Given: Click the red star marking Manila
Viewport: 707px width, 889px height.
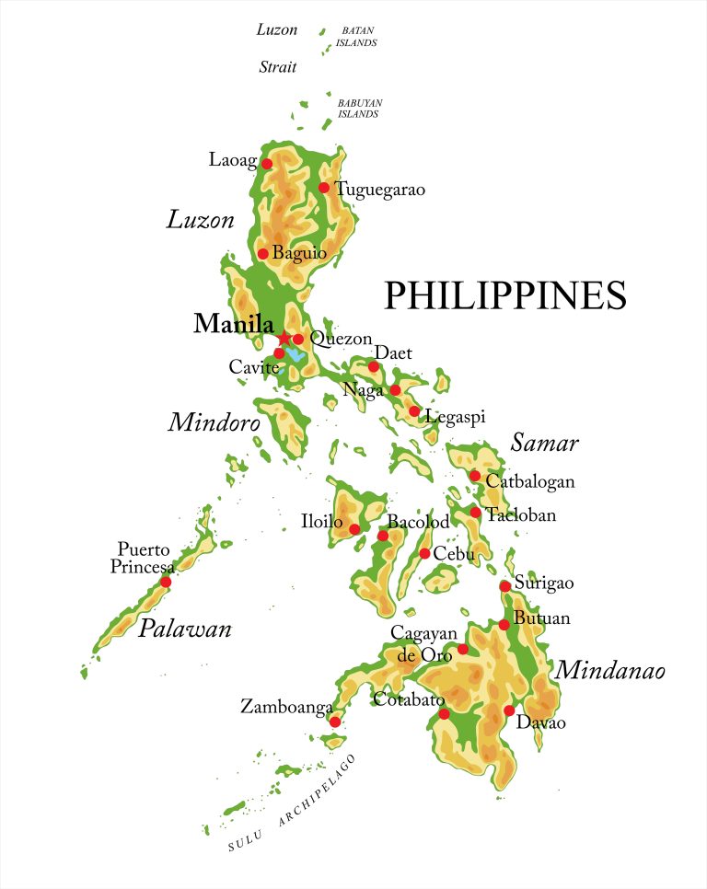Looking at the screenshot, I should point(284,339).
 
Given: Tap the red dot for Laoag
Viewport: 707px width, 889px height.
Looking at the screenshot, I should point(267,164).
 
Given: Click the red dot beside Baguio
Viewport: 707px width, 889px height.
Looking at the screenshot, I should point(262,254).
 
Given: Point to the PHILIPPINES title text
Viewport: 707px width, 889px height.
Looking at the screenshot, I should point(504,295).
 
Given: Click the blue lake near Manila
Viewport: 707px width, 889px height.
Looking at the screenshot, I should point(295,354).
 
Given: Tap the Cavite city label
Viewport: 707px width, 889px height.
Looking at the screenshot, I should point(252,367).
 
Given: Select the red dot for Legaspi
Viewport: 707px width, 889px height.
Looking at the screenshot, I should point(414,411).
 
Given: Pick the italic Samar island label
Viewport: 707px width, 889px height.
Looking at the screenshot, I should point(545,444).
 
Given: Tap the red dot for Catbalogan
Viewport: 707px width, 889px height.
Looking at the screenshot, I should point(475,476).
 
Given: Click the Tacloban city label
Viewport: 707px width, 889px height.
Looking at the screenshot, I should point(521,515).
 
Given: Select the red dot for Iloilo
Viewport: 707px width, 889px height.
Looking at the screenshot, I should point(354,529).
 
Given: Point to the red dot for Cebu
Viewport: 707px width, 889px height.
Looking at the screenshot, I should point(424,553).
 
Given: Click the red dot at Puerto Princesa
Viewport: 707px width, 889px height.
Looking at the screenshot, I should point(166,582).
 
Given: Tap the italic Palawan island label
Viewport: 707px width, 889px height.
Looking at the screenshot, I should point(184,629).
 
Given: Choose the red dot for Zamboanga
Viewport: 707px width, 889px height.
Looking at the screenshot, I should point(335,722).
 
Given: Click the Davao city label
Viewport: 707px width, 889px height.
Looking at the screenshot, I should point(540,723).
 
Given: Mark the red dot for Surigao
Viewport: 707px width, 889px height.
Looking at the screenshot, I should point(505,586).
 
